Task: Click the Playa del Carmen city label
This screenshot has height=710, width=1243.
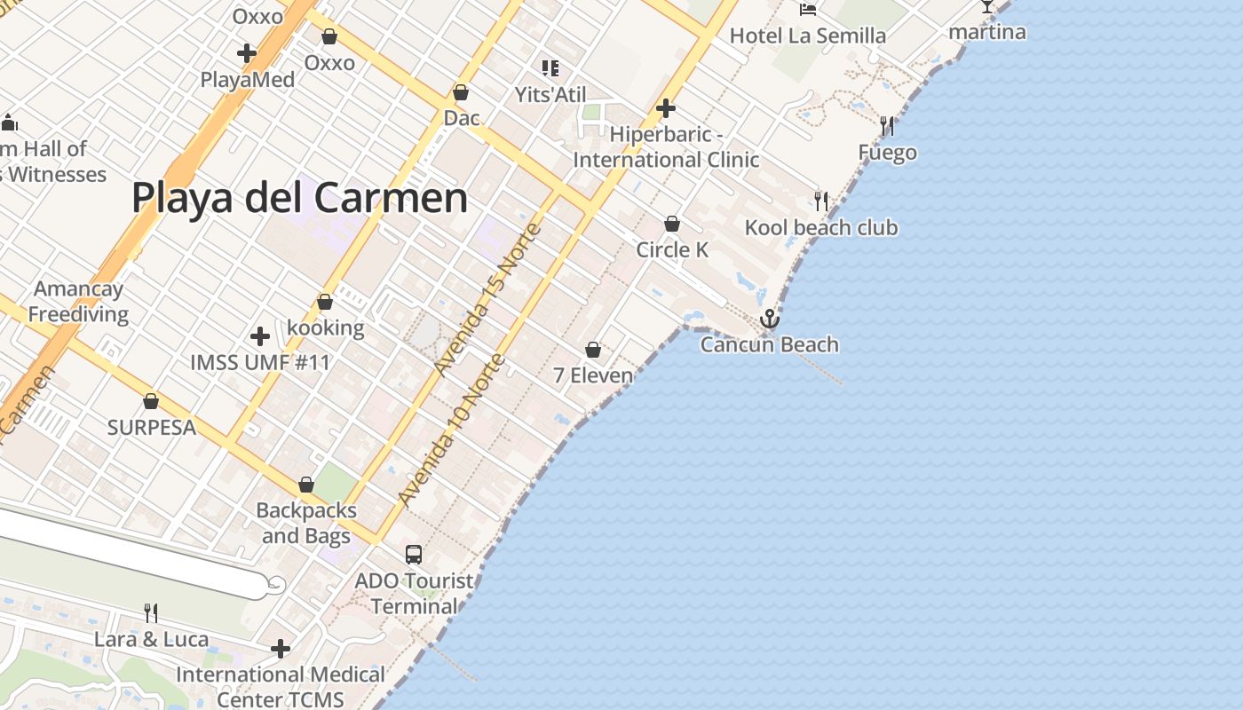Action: (x=299, y=197)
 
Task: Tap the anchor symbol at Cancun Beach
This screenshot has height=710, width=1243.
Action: (x=769, y=319)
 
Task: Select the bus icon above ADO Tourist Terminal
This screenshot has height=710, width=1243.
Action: (x=414, y=555)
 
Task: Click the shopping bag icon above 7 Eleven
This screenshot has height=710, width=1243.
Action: (x=593, y=351)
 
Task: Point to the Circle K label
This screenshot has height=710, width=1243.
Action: (x=672, y=250)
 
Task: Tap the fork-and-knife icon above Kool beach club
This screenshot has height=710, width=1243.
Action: (x=821, y=201)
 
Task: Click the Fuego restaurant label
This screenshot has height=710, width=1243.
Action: (x=887, y=153)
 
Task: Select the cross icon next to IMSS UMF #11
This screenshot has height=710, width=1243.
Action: (x=260, y=336)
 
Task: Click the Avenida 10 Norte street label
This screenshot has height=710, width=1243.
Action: (x=452, y=430)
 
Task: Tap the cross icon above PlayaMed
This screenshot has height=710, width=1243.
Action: (x=247, y=53)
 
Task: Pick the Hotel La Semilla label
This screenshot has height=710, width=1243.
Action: (x=808, y=35)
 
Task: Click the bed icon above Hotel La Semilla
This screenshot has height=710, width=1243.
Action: (x=808, y=9)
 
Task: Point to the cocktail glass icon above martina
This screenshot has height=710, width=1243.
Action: (x=987, y=7)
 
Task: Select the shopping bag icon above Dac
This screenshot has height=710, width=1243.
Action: (x=461, y=92)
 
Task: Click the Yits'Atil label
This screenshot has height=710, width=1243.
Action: (x=550, y=94)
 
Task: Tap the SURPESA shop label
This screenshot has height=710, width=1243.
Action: (x=151, y=427)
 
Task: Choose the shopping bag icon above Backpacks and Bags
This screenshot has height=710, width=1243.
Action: (x=306, y=485)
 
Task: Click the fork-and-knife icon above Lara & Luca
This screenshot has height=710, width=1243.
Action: (x=151, y=612)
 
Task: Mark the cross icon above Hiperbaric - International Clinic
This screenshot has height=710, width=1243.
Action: (x=666, y=108)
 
